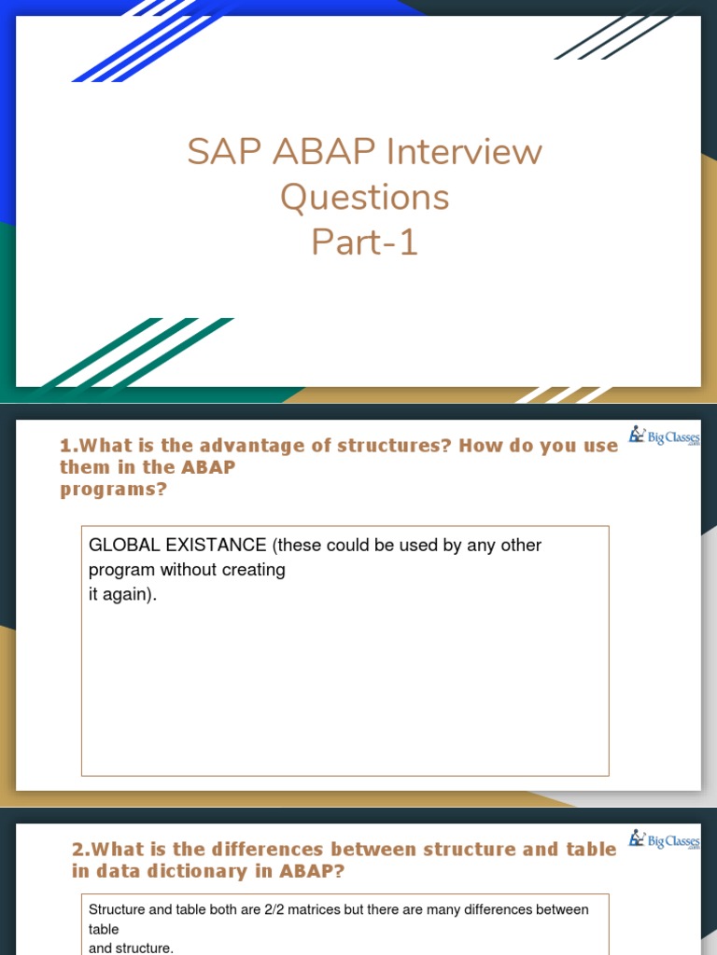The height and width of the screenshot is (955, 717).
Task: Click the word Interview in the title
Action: point(464,151)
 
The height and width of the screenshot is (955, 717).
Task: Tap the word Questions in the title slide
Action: point(365,198)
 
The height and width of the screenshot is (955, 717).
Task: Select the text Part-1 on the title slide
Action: point(365,242)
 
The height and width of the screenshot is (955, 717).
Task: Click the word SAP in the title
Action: point(225,151)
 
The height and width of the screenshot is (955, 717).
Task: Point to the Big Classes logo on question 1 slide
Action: point(665,436)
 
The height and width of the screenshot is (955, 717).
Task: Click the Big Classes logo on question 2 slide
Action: point(665,840)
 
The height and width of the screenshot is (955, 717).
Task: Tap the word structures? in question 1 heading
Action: point(394,445)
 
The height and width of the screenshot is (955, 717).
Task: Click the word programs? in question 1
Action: point(113,490)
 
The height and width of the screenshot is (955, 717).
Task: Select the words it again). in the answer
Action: point(122,594)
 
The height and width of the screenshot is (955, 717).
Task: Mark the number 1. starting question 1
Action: point(69,445)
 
